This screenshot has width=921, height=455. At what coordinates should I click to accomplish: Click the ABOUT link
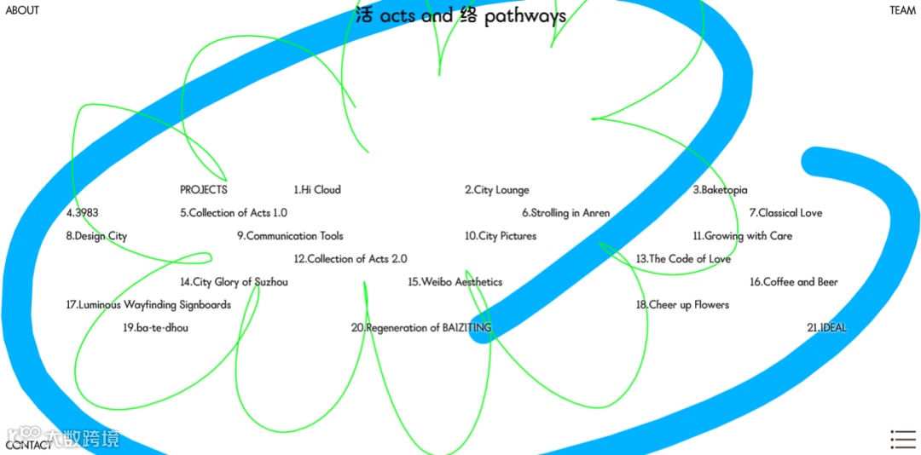(x=22, y=10)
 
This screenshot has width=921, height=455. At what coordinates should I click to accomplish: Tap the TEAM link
(x=902, y=10)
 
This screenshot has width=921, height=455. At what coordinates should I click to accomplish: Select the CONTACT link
(x=28, y=445)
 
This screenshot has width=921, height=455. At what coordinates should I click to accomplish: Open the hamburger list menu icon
(x=902, y=439)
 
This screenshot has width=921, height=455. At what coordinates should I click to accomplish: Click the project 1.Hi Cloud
(x=317, y=190)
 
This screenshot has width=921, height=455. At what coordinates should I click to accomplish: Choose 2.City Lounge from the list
(x=496, y=190)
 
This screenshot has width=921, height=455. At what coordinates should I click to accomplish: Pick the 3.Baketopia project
(x=720, y=190)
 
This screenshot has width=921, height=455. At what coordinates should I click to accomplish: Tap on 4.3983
(x=83, y=213)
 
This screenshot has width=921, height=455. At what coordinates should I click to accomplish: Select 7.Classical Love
(x=785, y=213)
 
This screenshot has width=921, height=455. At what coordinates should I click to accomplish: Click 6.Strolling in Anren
(x=565, y=213)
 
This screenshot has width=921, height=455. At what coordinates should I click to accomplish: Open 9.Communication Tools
(x=290, y=236)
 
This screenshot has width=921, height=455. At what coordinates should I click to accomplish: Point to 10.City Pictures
(x=501, y=236)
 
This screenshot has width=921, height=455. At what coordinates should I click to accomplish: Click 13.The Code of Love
(x=683, y=259)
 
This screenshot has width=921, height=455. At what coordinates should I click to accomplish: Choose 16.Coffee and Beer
(x=794, y=282)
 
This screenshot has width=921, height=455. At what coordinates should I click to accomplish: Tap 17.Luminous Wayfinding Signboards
(x=148, y=305)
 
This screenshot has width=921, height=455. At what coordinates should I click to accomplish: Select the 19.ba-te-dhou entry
(x=155, y=328)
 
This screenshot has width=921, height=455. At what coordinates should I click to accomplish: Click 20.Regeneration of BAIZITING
(x=421, y=328)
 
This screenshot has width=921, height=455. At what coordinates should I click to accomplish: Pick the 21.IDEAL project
(x=826, y=328)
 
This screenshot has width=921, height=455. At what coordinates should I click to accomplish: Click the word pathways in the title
(x=524, y=16)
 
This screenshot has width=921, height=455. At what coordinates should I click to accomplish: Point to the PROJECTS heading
(x=204, y=190)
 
